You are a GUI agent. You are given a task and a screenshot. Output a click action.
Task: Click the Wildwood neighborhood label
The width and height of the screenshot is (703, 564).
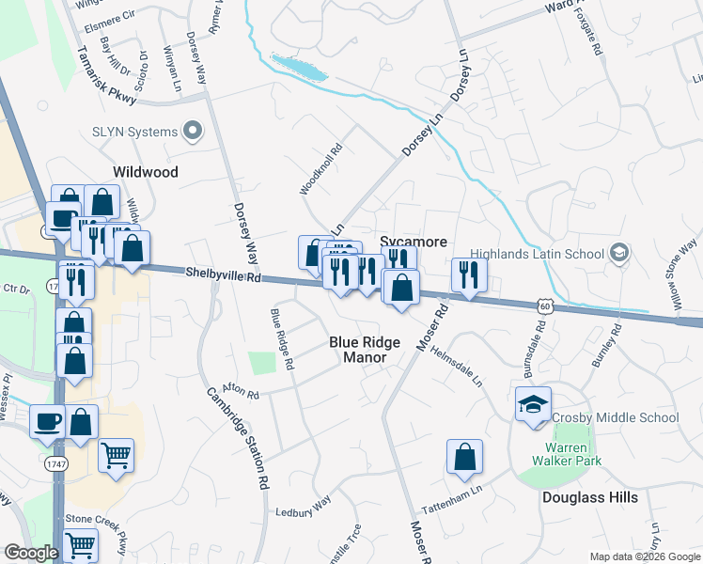(x=145, y=172)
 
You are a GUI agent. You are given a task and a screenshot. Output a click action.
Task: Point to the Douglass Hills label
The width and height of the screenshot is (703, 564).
(x=589, y=497)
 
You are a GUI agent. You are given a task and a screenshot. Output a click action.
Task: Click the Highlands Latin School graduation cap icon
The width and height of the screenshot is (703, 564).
(x=618, y=252)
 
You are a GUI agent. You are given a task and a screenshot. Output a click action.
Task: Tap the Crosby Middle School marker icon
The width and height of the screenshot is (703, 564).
(x=533, y=403)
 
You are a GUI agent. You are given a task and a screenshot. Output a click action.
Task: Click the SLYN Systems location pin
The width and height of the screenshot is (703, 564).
(x=194, y=131)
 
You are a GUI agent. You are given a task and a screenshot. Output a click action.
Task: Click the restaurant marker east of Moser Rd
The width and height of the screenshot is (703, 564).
(x=466, y=274)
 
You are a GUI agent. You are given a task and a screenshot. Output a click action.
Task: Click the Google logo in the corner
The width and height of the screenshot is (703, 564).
(x=31, y=553)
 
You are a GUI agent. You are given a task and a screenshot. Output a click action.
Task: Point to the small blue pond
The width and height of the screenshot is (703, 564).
(x=299, y=66)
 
